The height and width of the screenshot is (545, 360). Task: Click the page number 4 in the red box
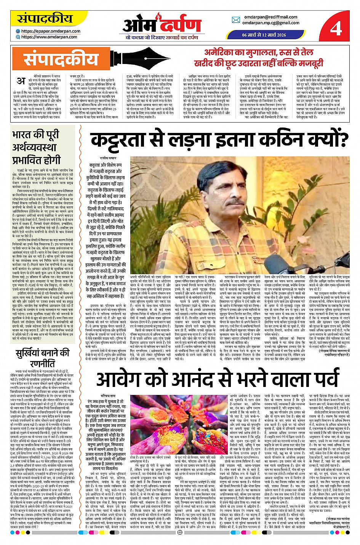tap(336, 28)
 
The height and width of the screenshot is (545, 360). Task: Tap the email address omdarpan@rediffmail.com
tap(271, 17)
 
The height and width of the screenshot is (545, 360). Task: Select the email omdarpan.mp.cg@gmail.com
tap(271, 23)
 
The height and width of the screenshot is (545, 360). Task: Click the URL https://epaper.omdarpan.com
tap(51, 31)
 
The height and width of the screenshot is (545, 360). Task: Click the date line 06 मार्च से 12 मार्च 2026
tap(264, 35)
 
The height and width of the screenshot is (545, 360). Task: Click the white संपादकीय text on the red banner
tap(61, 60)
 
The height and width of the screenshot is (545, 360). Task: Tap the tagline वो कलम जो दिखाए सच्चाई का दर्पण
tap(162, 37)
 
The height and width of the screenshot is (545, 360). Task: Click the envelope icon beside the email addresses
tap(236, 20)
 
